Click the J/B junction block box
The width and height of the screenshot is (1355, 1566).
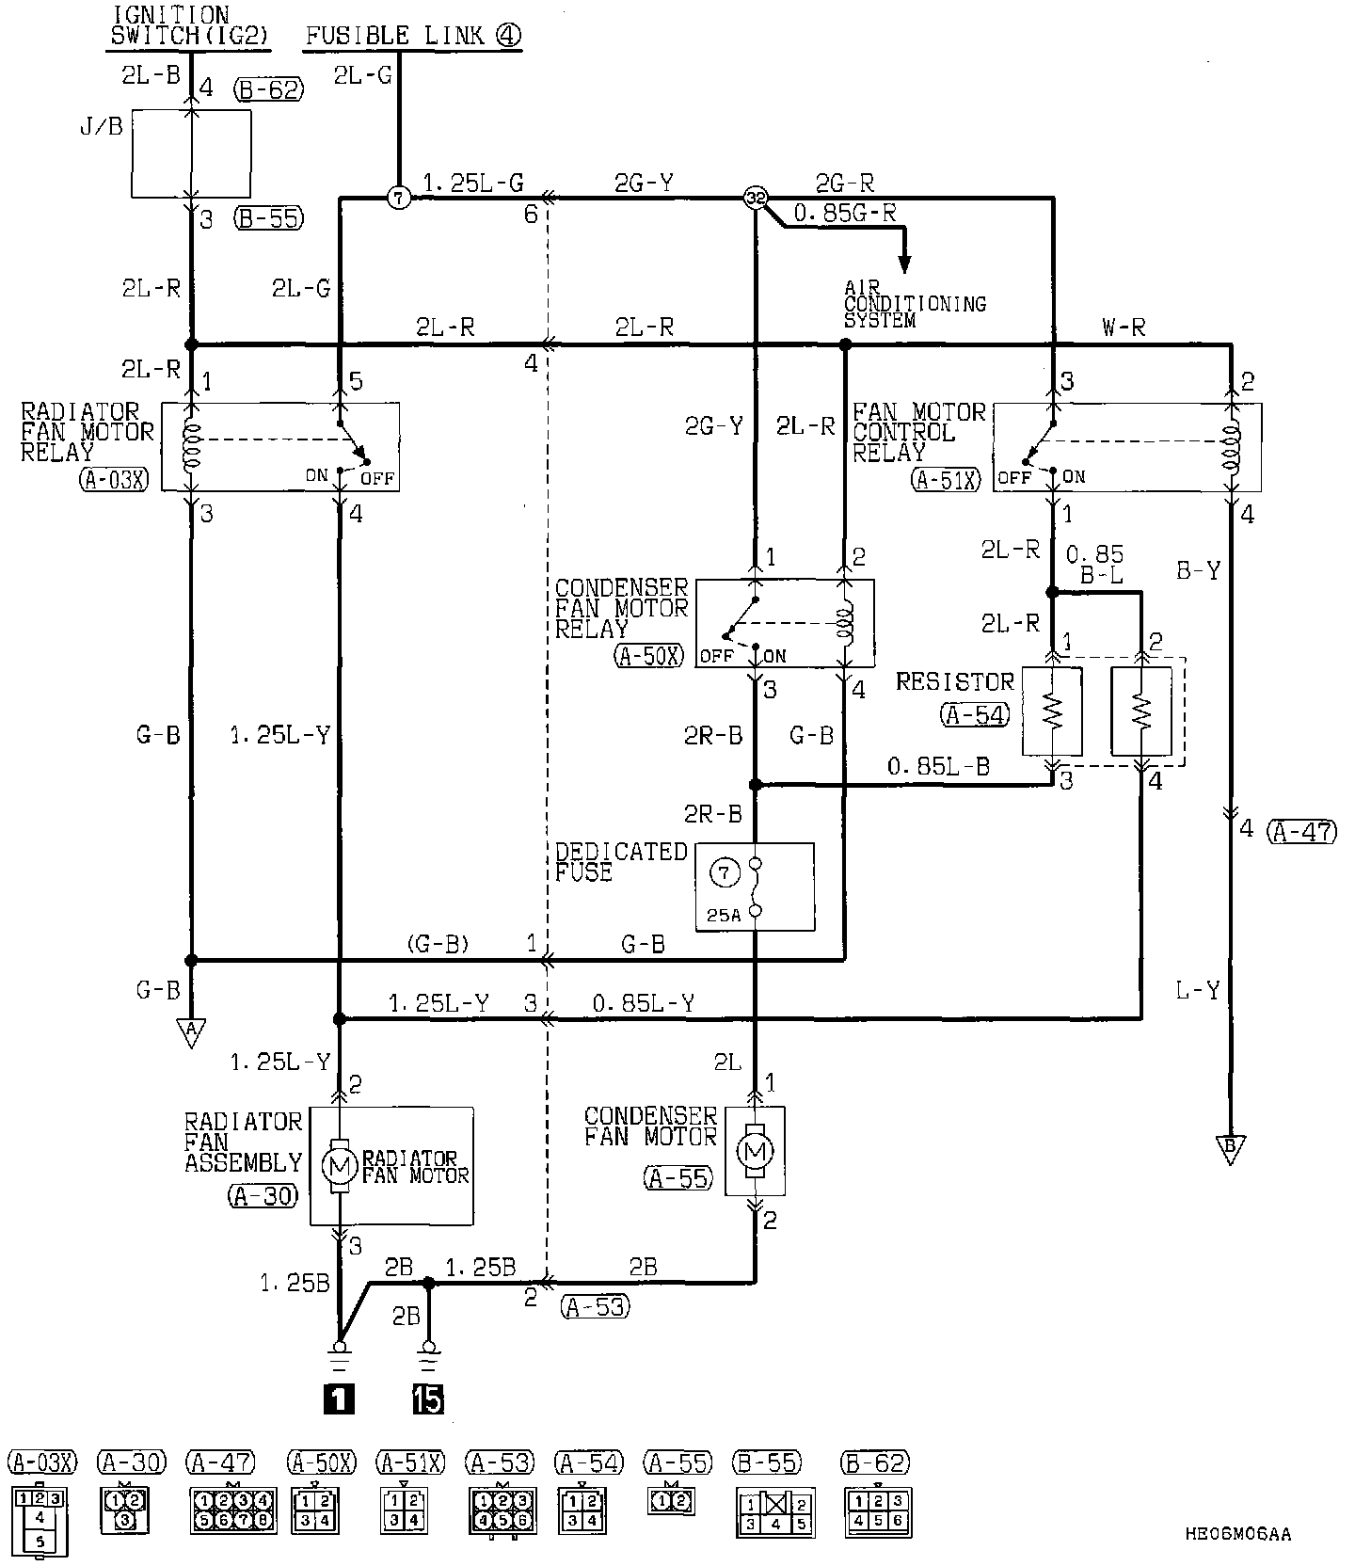191,153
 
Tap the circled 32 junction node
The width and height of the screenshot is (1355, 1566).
756,198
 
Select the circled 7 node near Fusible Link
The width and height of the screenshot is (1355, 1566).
399,199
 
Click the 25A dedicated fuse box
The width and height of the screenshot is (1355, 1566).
755,887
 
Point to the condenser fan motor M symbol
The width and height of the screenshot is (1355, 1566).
755,1150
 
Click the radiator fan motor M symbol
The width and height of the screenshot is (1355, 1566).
340,1166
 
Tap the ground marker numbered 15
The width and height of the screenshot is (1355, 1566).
428,1399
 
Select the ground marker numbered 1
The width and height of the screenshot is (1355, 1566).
339,1399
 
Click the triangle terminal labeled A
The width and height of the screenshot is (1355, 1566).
191,1031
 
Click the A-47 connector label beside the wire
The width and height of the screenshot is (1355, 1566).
1301,831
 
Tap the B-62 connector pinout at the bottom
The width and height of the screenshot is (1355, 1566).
878,1510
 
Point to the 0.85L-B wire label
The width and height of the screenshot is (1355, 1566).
938,767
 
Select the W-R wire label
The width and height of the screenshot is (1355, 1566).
1124,328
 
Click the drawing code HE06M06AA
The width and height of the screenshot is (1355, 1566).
1238,1534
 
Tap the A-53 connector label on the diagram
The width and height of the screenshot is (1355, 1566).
594,1306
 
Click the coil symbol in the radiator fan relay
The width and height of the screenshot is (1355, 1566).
193,445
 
